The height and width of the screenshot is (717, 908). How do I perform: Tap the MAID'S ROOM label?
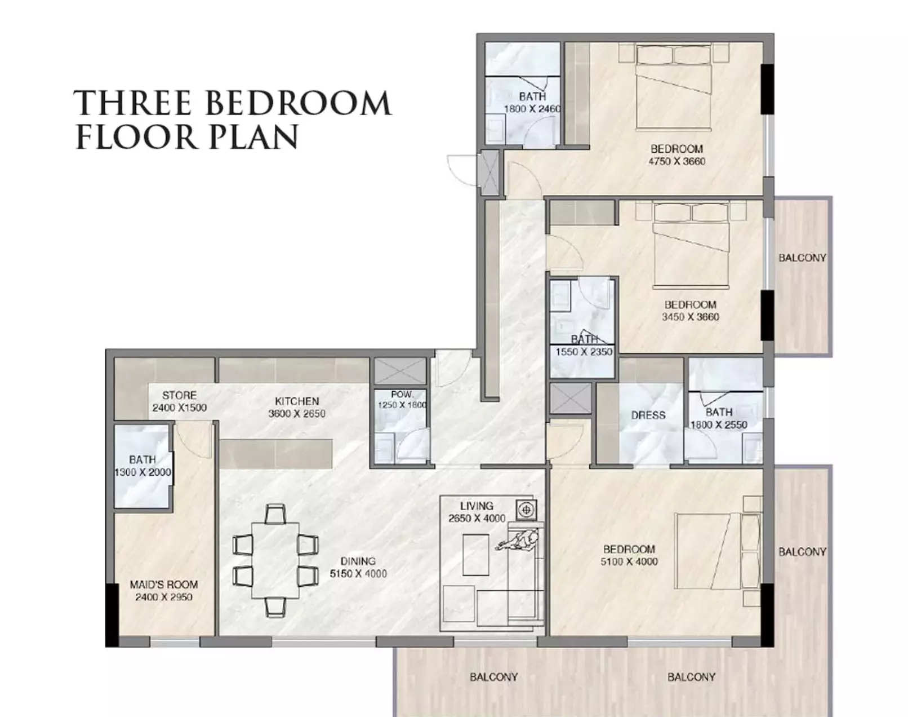(164, 585)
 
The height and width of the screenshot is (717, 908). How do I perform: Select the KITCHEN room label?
(297, 401)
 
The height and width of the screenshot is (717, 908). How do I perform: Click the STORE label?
(179, 396)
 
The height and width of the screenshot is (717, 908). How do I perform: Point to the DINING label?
(358, 561)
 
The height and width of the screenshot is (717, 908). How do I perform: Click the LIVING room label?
(477, 506)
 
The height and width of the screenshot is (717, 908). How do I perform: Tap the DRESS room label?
(648, 415)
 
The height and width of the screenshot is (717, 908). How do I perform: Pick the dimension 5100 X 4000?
(629, 561)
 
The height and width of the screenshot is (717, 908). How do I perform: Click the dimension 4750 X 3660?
(676, 162)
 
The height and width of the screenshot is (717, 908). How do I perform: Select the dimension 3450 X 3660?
(690, 317)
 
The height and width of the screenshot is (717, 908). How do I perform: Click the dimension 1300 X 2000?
(143, 472)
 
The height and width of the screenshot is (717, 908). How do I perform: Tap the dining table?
(275, 560)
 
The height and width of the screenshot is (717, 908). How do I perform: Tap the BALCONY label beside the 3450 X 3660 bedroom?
(802, 258)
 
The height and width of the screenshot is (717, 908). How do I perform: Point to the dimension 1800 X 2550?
(719, 424)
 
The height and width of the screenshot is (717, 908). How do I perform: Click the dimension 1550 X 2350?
(584, 352)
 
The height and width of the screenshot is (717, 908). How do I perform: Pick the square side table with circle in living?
(526, 510)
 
